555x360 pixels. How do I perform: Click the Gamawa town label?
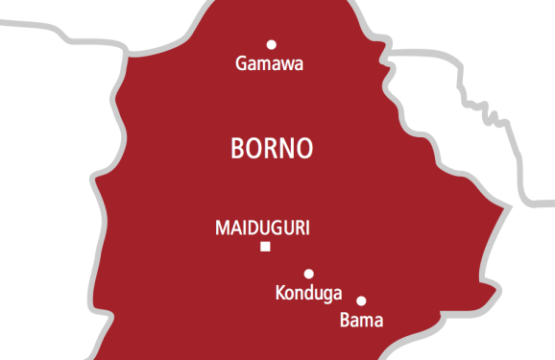coord(269,64)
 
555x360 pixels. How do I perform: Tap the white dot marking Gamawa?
coord(271,44)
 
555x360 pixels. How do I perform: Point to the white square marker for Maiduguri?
coord(265,247)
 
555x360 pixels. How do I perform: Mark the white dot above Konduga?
coord(308,274)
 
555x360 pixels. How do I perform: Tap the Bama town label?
coord(362,321)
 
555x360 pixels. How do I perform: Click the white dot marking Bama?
coord(361,300)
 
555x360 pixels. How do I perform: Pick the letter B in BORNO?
coord(239,149)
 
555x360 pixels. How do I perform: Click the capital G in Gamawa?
coord(241,64)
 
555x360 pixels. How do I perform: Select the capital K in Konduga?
coord(279,292)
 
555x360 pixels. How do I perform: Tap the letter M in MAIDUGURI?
coord(221,228)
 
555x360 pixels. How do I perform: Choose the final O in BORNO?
coord(306,149)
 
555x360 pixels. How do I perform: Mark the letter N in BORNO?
coord(290,149)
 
